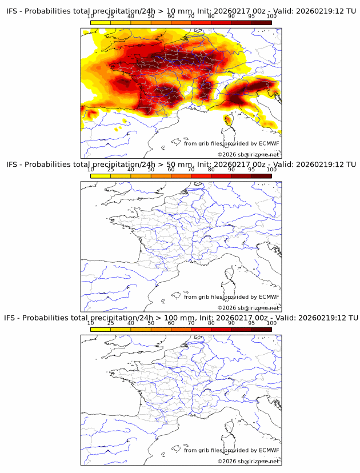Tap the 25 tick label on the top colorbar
click(111, 16)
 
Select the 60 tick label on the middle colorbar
click(171, 170)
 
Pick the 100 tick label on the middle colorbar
click(271, 170)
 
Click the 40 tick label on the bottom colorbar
click(131, 323)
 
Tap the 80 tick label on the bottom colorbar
click(211, 323)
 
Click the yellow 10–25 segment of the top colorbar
click(101, 22)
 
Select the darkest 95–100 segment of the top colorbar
click(261, 22)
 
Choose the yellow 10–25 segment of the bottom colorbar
click(101, 329)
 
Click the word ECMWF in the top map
click(269, 143)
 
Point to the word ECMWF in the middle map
click(269, 296)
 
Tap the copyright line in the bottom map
click(248, 460)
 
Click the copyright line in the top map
click(248, 154)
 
